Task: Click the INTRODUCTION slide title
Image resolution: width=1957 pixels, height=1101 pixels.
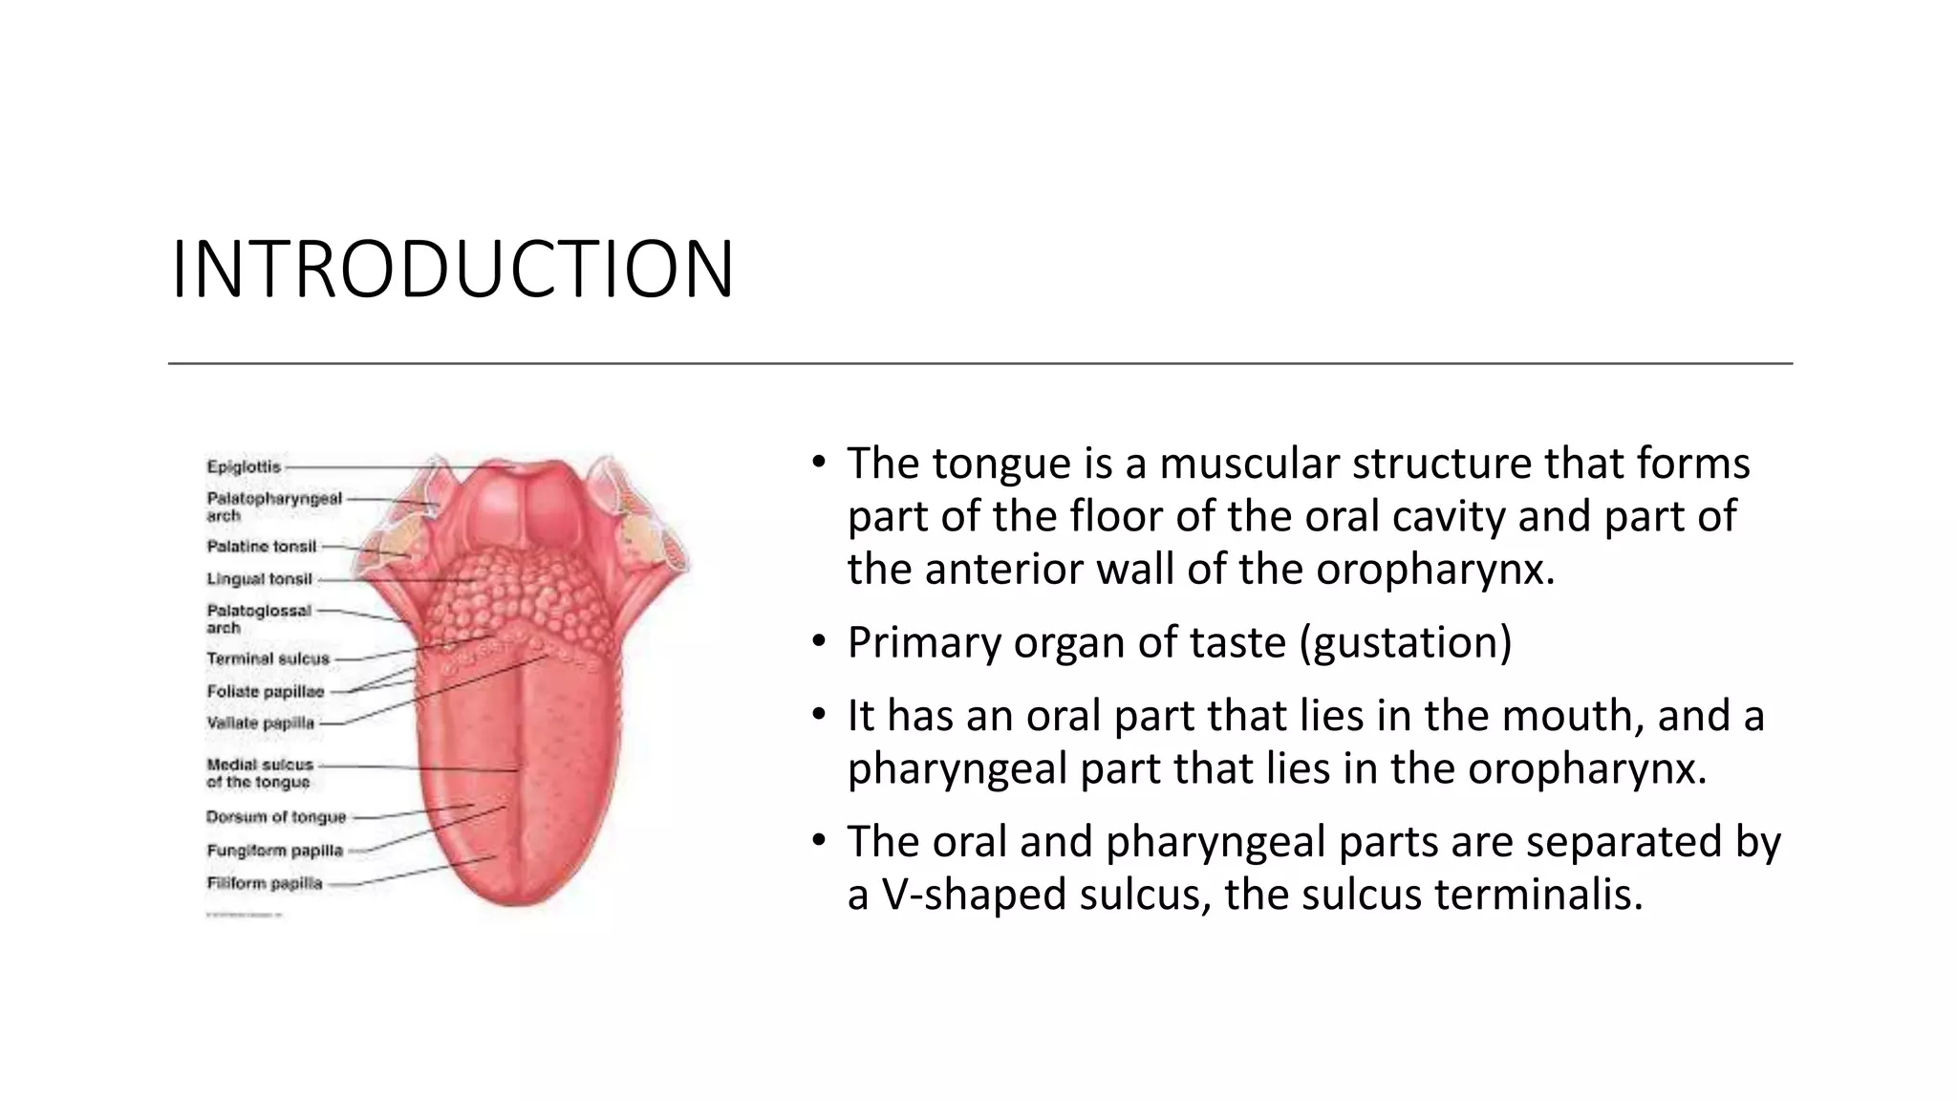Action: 452,270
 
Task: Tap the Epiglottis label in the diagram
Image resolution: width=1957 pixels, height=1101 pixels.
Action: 244,467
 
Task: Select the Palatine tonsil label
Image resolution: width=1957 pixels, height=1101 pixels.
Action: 261,547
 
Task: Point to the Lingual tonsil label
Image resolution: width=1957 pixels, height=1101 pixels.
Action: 259,579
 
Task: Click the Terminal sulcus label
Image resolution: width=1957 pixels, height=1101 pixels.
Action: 268,659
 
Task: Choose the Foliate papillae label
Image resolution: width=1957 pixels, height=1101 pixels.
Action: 265,692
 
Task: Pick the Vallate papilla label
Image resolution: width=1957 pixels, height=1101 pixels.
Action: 260,723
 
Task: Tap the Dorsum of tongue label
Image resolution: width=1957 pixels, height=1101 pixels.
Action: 276,817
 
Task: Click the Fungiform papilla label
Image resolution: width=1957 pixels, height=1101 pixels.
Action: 274,851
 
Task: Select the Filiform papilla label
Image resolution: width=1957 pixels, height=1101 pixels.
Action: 265,883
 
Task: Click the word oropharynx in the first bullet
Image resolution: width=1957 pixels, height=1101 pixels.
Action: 1433,570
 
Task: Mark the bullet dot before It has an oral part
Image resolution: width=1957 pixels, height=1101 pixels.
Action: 818,714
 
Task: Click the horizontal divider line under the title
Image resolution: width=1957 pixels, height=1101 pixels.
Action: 979,363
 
